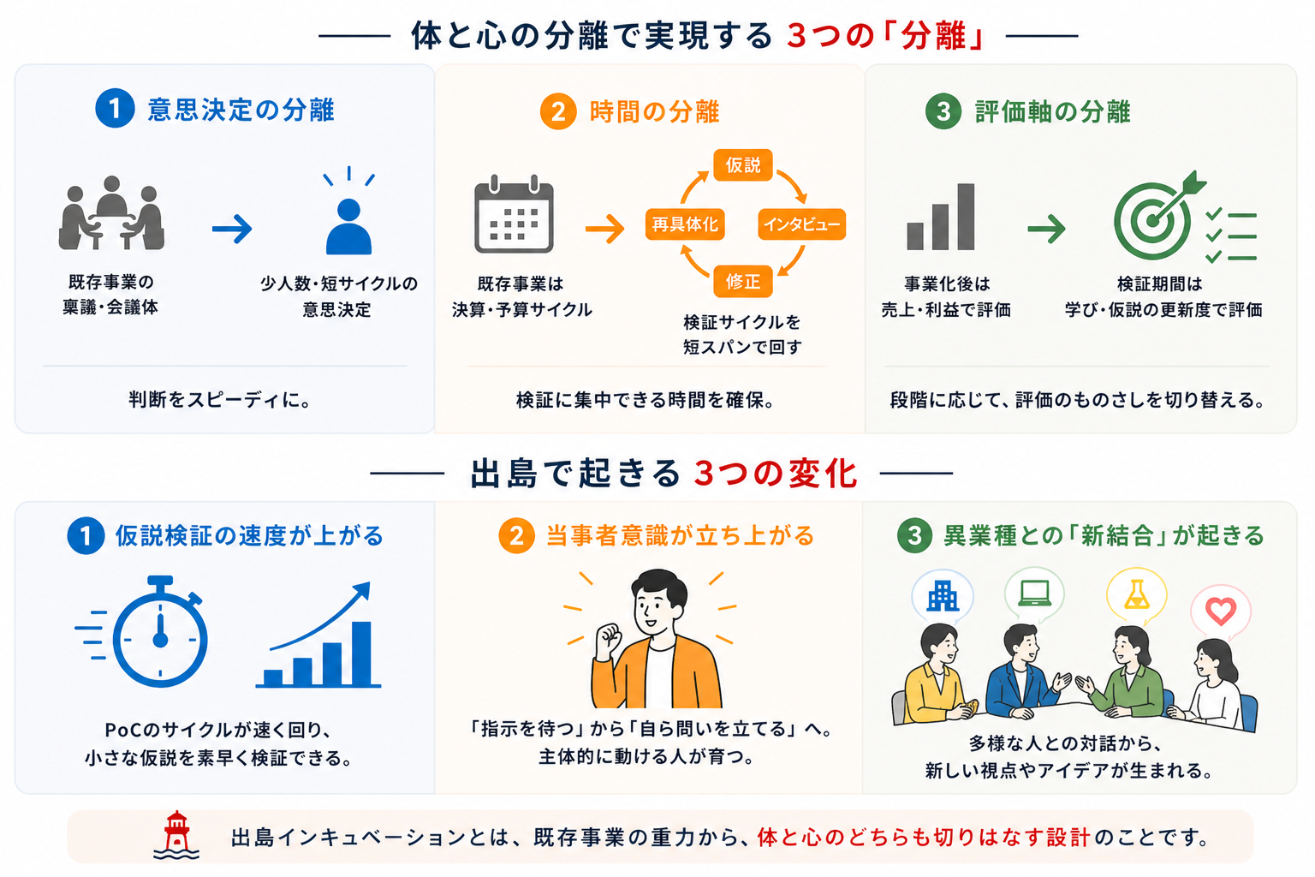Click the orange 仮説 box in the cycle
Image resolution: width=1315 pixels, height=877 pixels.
pos(742,165)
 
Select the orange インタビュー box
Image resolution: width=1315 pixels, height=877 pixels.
pos(802,224)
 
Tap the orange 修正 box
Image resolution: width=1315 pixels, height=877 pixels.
pos(742,282)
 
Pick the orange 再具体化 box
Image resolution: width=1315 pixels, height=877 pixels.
pos(685,224)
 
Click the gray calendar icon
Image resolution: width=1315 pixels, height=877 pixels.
pos(514,214)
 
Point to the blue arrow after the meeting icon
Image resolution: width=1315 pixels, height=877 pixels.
pos(233,229)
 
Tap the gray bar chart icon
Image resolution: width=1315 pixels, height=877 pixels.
pos(941,217)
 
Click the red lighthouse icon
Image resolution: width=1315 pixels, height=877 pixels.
pos(176,835)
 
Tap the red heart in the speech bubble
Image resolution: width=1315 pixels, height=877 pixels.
pos(1221,611)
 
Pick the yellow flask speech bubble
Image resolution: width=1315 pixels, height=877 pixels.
pos(1137,595)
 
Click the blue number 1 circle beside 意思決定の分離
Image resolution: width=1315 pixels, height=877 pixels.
pos(115,108)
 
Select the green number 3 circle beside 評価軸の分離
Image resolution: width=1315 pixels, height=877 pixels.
pos(943,111)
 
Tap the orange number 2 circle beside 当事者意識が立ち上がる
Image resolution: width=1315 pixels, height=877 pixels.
pos(516,536)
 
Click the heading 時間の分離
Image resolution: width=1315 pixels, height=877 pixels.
pos(655,111)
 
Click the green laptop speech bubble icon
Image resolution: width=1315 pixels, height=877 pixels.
pos(1034,594)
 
